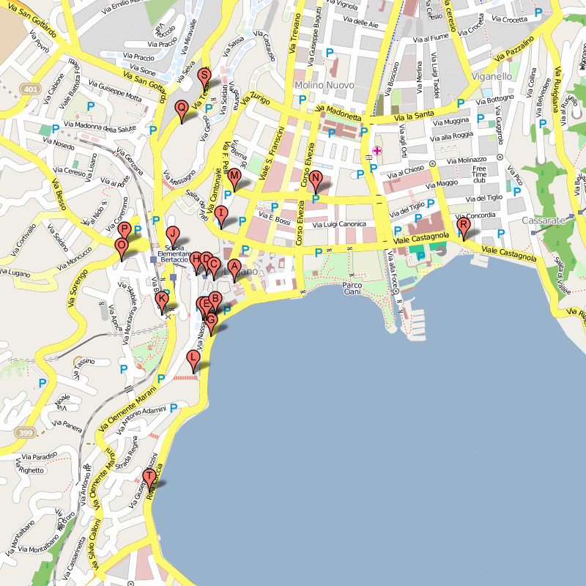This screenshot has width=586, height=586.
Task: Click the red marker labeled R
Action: [463, 226]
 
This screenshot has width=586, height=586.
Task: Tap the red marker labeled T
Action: [149, 477]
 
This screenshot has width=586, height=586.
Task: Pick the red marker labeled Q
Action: [181, 108]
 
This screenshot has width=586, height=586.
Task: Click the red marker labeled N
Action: [315, 178]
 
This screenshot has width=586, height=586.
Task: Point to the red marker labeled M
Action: [234, 177]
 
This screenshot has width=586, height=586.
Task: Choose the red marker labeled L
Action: [193, 358]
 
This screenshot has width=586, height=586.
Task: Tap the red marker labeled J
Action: [173, 234]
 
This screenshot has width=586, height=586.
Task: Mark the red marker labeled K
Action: [163, 299]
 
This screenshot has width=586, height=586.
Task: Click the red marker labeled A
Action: [234, 267]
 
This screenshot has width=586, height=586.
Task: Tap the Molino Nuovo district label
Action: [324, 86]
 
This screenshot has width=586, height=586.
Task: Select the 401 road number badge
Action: [30, 89]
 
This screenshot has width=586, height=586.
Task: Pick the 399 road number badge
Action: [26, 433]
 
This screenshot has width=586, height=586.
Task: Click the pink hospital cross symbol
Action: [377, 151]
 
